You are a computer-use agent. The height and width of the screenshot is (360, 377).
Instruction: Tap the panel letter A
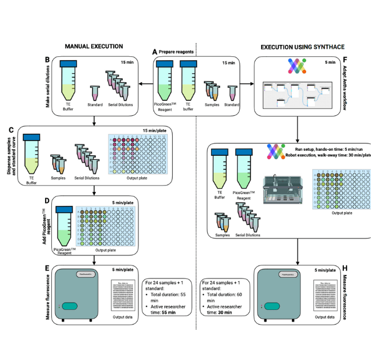coord(155,51)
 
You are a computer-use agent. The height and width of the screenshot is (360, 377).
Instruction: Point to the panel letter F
coord(345,58)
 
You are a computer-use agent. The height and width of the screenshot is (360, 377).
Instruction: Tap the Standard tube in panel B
coord(95,93)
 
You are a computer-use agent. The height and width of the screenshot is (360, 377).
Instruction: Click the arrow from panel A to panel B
coord(144,85)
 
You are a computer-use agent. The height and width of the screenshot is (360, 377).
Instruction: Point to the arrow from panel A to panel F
coord(248,85)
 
